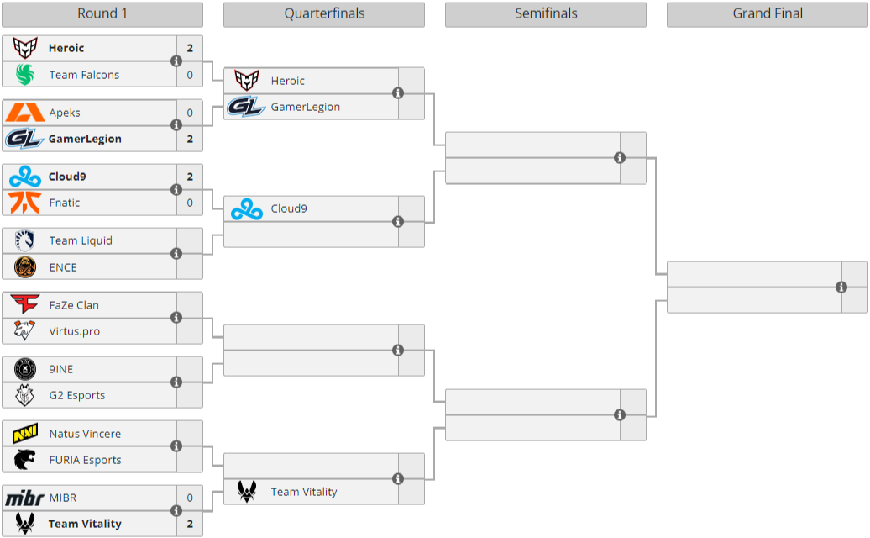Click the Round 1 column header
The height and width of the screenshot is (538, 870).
click(102, 14)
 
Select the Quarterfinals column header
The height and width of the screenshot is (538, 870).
click(323, 14)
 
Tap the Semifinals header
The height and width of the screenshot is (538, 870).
click(545, 14)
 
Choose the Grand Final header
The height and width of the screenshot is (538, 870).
click(767, 14)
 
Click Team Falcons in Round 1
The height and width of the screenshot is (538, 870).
click(84, 75)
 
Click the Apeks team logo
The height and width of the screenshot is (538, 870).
click(24, 113)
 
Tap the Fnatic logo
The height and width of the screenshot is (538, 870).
click(24, 203)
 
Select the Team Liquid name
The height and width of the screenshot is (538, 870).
click(81, 241)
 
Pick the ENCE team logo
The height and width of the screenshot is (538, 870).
click(24, 267)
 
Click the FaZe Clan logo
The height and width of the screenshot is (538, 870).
click(24, 305)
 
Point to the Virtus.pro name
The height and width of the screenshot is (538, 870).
click(74, 331)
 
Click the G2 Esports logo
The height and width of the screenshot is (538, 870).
click(24, 395)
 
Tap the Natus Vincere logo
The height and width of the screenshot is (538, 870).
click(24, 434)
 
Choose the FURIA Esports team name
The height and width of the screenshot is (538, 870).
click(85, 460)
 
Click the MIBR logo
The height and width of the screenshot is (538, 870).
click(24, 498)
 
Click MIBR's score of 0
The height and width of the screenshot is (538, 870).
click(190, 498)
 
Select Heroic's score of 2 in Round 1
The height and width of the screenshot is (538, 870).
click(190, 49)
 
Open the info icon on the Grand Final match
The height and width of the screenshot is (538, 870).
click(841, 287)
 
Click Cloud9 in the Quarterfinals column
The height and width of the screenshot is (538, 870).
click(289, 208)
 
